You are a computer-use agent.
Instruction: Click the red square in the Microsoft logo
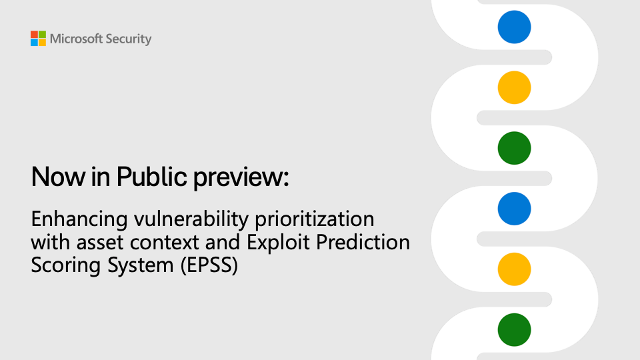pos(34,35)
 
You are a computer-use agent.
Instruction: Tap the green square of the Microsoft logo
pos(42,35)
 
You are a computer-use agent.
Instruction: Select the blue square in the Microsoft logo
pos(34,43)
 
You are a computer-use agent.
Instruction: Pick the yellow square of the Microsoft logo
pos(42,43)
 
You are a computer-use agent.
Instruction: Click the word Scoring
pos(59,265)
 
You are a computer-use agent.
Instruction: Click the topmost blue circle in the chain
pos(514,27)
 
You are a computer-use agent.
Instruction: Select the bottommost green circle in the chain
pos(514,329)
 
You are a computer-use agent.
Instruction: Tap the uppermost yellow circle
pos(514,87)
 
